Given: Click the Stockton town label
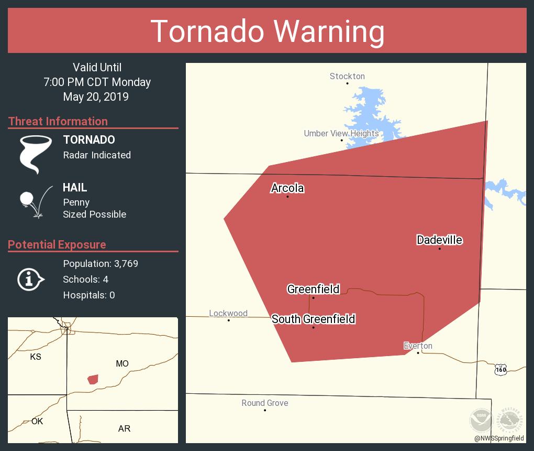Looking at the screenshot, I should point(347,76).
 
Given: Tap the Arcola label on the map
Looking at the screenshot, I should point(287,188).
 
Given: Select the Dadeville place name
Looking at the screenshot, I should point(439,240).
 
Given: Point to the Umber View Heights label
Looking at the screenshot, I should point(341,133).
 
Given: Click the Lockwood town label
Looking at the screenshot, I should point(228,313).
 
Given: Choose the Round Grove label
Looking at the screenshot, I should point(265,403).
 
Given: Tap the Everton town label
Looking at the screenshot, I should point(418,346).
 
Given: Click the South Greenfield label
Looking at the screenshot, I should point(313,319).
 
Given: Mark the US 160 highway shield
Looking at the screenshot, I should point(500,370).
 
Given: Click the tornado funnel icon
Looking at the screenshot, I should point(35,154).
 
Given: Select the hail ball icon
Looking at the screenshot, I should point(26,199).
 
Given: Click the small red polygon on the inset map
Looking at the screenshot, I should point(93,379).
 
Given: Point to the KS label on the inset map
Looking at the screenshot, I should point(36,357).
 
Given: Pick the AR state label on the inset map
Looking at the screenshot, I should point(124,428).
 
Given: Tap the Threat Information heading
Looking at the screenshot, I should point(58,121).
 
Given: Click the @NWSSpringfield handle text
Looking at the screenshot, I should point(499,438).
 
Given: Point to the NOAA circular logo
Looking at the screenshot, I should point(481,420).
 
